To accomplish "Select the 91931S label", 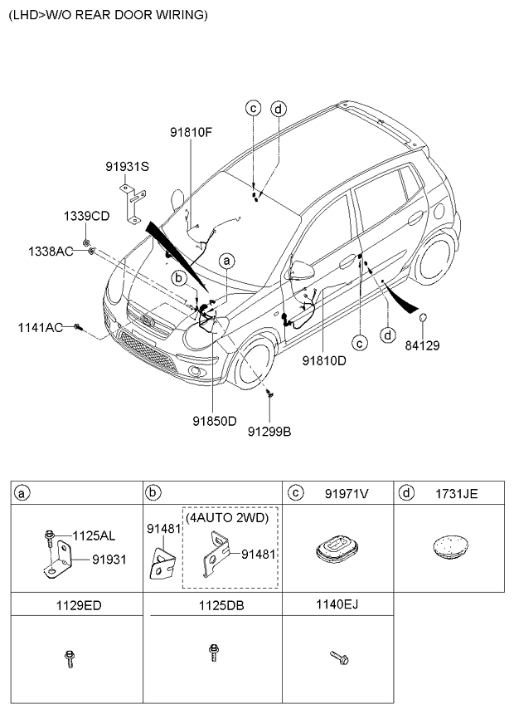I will coord(126,166).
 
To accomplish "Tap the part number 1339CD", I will coord(86,216).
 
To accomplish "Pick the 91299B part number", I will coord(269,431).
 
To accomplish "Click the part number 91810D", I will coord(323,361).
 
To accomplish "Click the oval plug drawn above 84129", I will coord(422,317).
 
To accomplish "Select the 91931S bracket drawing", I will coord(133,203).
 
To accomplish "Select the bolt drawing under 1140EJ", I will coord(339,658).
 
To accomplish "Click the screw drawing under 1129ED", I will coord(67,660).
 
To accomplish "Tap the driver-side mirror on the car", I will coord(303,270).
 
